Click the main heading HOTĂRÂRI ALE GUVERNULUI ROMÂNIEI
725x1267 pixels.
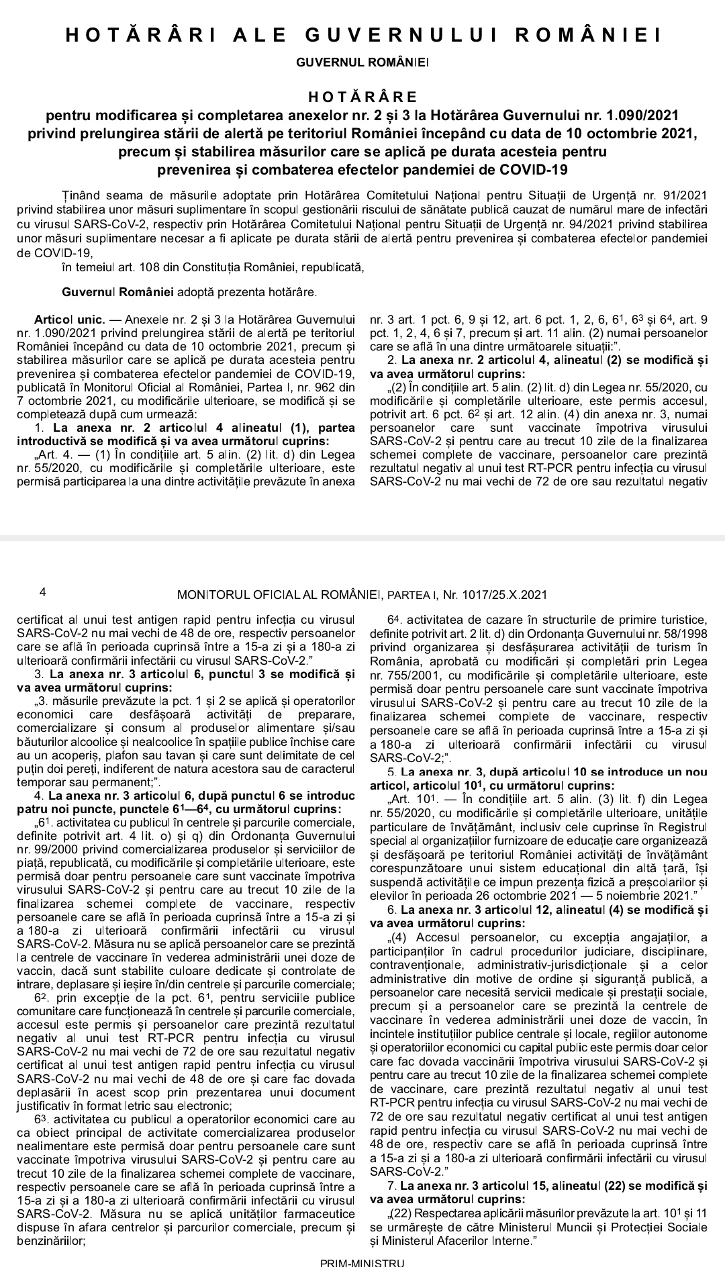(x=363, y=36)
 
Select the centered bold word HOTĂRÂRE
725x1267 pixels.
(x=362, y=98)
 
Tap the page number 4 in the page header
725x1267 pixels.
(x=43, y=593)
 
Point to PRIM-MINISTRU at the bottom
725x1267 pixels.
(x=362, y=1262)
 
